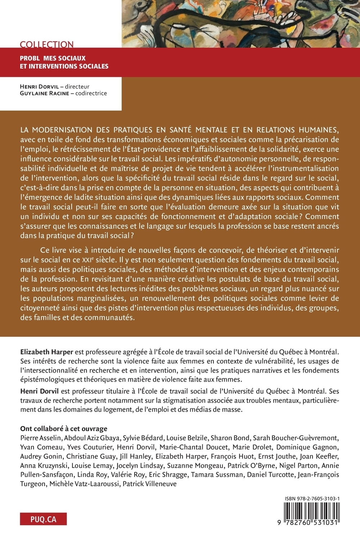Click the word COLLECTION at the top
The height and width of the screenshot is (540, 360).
tap(47, 45)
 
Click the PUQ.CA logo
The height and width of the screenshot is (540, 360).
tap(43, 519)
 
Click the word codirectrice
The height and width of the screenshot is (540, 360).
tap(91, 93)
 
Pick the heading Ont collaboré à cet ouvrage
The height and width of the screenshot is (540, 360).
tap(64, 428)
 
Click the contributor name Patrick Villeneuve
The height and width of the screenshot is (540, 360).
tap(150, 484)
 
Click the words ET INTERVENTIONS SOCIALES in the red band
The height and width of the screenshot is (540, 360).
tap(64, 66)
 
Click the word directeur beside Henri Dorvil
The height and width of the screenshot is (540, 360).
tap(77, 86)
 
